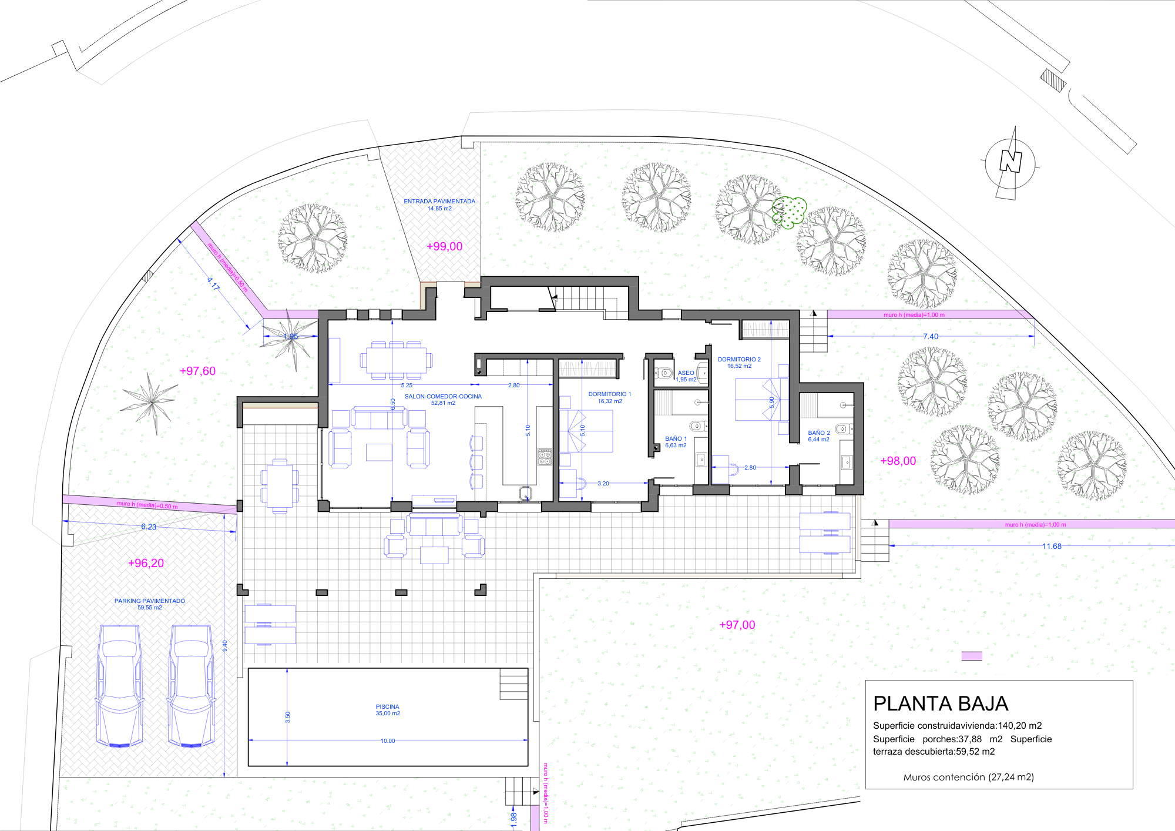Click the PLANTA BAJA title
tap(941, 703)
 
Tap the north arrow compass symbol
tap(1010, 163)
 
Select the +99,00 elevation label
tap(444, 246)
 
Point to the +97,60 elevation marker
tap(197, 371)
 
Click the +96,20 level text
tap(146, 563)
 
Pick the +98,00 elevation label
tap(898, 461)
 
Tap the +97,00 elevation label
tap(737, 625)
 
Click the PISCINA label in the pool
tap(387, 706)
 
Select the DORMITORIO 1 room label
tap(610, 394)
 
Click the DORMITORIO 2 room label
tap(739, 359)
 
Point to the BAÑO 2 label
tap(819, 433)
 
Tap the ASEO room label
tap(686, 373)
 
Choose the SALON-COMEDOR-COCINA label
tap(443, 396)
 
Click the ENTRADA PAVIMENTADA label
tap(439, 201)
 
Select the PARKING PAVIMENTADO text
tap(150, 601)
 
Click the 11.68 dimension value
tap(1052, 546)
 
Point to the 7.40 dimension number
tap(931, 337)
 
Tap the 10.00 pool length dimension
tap(388, 740)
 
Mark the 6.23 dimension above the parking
tap(149, 527)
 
